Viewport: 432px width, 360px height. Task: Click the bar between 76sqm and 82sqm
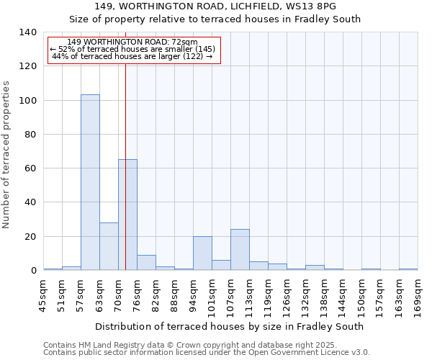pyautogui.click(x=146, y=263)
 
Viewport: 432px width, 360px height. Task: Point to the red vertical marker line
pyautogui.click(x=125, y=144)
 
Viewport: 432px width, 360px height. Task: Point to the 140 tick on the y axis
pyautogui.click(x=28, y=32)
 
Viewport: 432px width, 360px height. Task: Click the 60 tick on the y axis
pyautogui.click(x=30, y=168)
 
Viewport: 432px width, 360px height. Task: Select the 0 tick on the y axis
pyautogui.click(x=33, y=271)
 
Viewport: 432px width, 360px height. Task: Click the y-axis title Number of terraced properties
pyautogui.click(x=7, y=155)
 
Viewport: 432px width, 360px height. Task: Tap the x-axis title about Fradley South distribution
pyautogui.click(x=229, y=326)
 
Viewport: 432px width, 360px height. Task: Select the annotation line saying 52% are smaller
pyautogui.click(x=132, y=49)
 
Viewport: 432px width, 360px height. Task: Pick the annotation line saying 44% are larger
pyautogui.click(x=132, y=56)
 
